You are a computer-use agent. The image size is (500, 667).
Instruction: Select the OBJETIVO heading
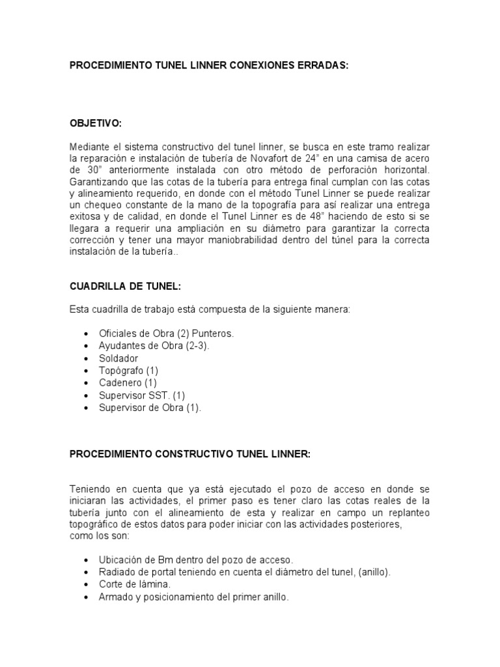pyautogui.click(x=96, y=123)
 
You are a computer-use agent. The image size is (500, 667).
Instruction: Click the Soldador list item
pyautogui.click(x=118, y=358)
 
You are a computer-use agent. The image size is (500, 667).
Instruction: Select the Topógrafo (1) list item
pyautogui.click(x=128, y=371)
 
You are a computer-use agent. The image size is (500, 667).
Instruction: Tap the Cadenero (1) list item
pyautogui.click(x=128, y=383)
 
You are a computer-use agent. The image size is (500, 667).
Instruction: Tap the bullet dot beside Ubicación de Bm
pyautogui.click(x=87, y=560)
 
